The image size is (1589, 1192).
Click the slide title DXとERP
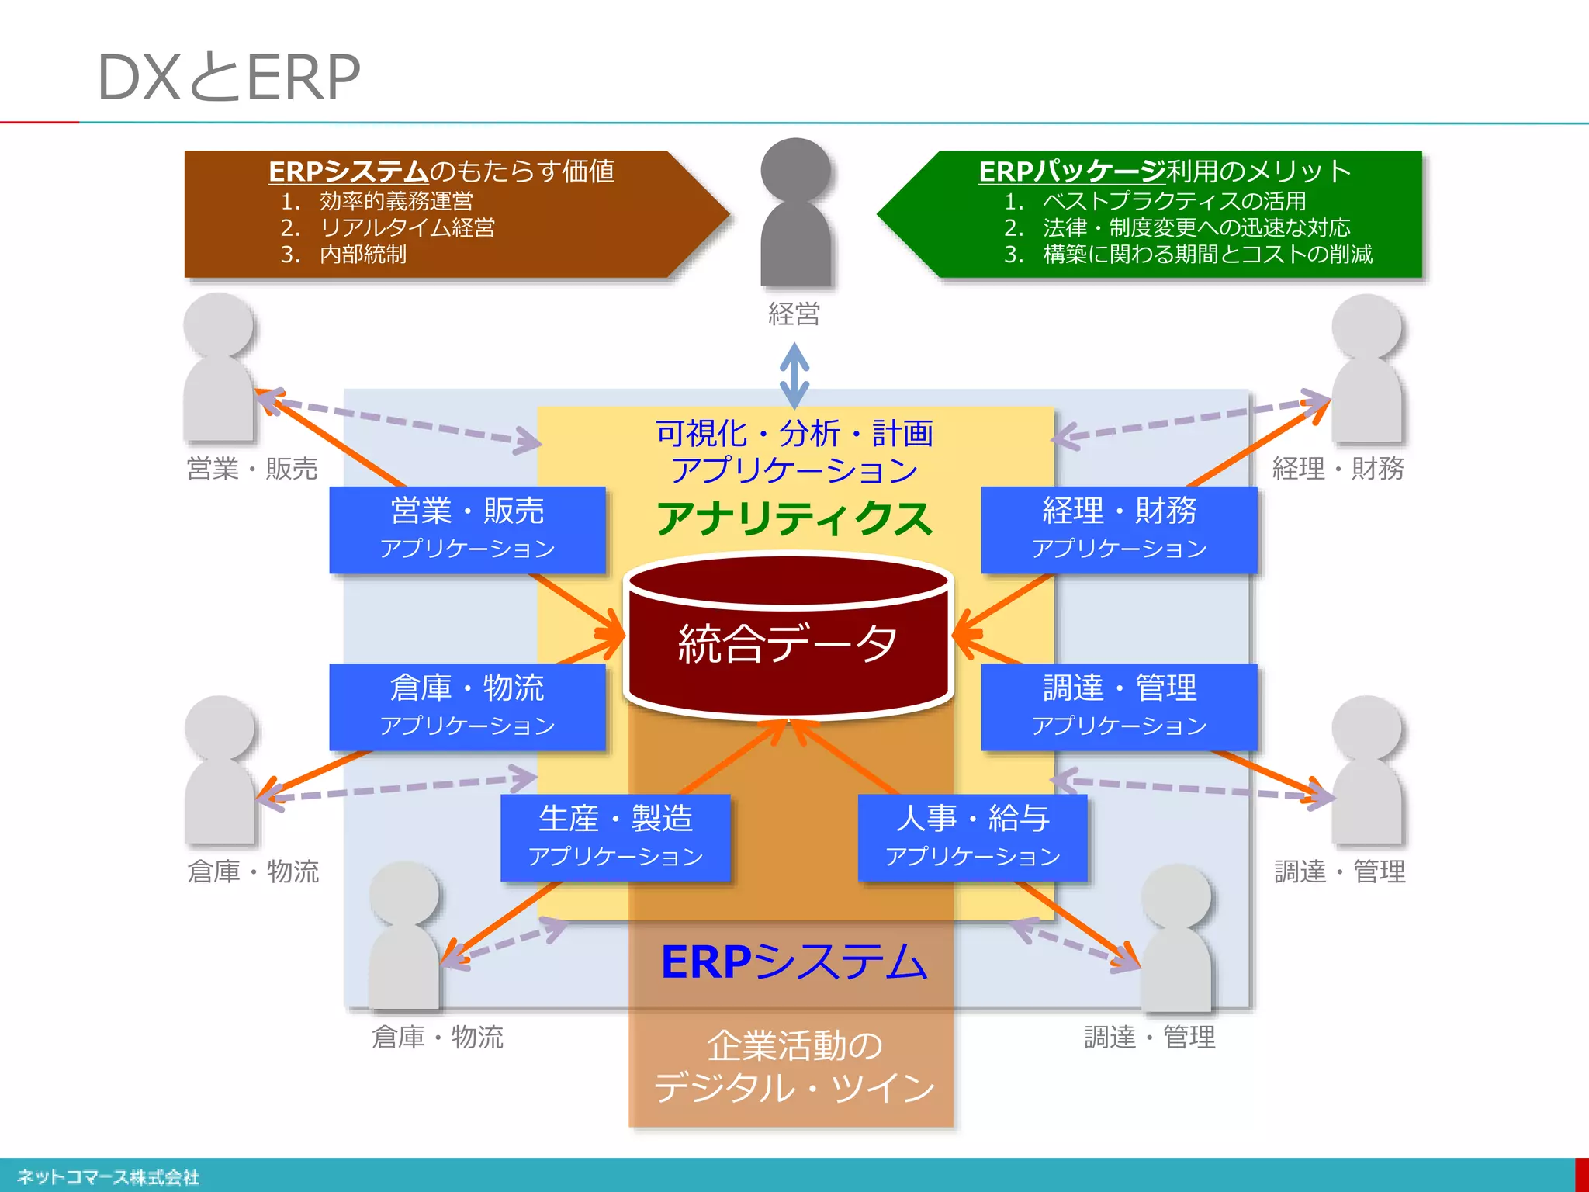[x=228, y=78]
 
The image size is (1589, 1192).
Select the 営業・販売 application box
[x=467, y=529]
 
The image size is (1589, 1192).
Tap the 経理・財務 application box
[x=1119, y=529]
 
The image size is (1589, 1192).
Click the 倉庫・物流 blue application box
[x=467, y=706]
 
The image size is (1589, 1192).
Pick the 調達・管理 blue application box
[x=1119, y=706]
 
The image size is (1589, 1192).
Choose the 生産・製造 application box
[x=615, y=837]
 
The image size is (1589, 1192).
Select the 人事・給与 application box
[x=972, y=837]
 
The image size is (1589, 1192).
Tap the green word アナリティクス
[x=794, y=518]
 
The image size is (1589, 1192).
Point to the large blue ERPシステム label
[x=794, y=962]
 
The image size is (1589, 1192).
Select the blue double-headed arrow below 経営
[x=794, y=376]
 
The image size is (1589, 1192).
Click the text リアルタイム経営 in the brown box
[x=407, y=227]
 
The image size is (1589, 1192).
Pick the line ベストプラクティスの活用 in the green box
[x=1174, y=201]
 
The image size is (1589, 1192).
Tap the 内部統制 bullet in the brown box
[x=362, y=254]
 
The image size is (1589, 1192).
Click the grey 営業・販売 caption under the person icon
[x=252, y=469]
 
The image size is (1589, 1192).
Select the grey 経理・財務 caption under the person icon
[x=1338, y=469]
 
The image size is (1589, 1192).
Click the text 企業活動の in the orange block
[x=794, y=1045]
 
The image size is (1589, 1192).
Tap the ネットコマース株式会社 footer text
[x=108, y=1176]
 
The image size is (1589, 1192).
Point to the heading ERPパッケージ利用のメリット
[x=1164, y=171]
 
